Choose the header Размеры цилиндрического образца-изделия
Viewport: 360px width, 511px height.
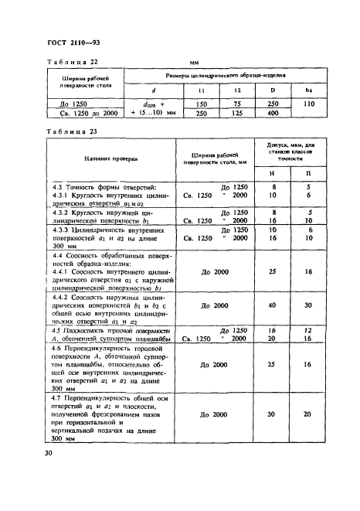[227, 76]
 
